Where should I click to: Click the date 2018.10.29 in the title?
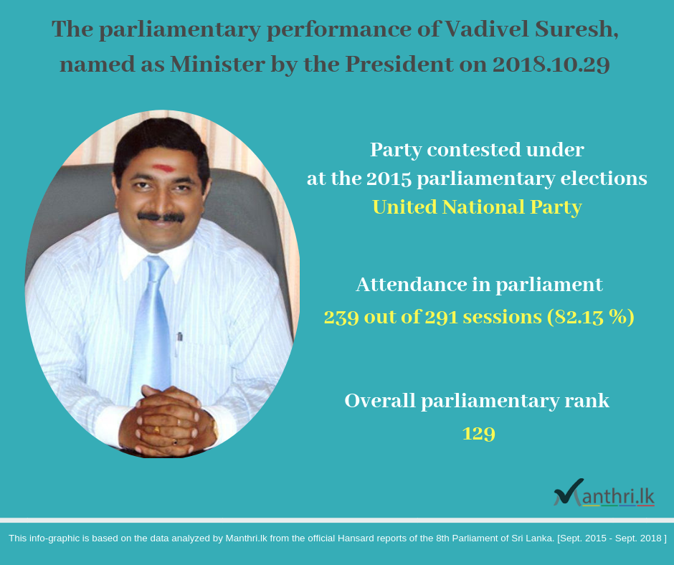pos(551,65)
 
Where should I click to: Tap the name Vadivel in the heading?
pos(487,29)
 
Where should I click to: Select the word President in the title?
pos(399,65)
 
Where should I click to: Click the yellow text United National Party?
pos(477,207)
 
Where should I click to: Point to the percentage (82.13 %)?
pos(591,318)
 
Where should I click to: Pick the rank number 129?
pos(479,433)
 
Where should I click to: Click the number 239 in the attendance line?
pos(341,318)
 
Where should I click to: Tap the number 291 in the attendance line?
pos(442,317)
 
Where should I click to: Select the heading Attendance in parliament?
pos(479,285)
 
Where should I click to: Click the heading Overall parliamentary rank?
pos(477,401)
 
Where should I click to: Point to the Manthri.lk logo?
pos(604,493)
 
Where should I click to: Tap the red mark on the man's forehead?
pos(163,168)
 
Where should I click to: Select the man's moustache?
pos(161,217)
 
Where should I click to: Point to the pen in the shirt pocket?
pos(179,342)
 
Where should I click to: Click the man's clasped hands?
pos(168,421)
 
